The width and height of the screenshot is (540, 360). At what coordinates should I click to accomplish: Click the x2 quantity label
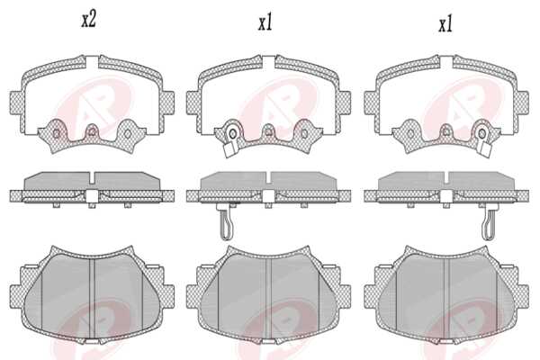click(88, 20)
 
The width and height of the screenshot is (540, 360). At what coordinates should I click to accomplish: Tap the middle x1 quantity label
click(265, 23)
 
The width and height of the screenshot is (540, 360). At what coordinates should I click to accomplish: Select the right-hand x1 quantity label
click(445, 24)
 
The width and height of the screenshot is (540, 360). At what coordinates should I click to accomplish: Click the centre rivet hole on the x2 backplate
click(92, 131)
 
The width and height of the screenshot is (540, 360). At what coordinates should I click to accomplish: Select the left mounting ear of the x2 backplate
click(16, 103)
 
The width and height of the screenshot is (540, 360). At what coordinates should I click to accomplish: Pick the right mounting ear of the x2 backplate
click(168, 103)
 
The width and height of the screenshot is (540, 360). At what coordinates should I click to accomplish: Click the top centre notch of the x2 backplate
click(93, 62)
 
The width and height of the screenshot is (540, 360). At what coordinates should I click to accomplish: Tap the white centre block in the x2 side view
click(92, 196)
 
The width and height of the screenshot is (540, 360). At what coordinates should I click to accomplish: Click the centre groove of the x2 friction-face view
click(92, 297)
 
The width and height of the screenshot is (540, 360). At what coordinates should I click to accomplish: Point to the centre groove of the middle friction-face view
click(268, 297)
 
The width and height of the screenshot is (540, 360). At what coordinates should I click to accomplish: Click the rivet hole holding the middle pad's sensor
click(233, 133)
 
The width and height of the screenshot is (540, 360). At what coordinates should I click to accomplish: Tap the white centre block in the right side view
click(446, 196)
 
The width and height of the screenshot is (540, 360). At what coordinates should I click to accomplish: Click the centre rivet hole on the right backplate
click(446, 131)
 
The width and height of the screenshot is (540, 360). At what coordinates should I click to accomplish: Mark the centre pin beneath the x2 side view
click(91, 205)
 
